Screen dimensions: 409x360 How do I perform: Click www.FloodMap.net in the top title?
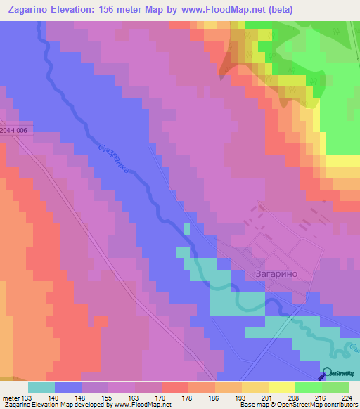[216, 10]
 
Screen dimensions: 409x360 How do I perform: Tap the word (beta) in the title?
[277, 10]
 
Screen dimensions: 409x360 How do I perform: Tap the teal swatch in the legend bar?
[41, 387]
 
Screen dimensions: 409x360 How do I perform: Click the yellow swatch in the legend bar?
[282, 387]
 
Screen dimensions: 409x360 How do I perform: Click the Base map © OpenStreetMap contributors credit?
[297, 405]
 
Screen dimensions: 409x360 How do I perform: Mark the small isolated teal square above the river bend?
[186, 229]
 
